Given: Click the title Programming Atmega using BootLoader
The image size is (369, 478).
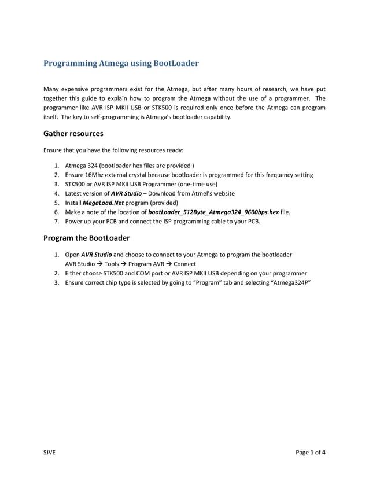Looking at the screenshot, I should [x=121, y=62].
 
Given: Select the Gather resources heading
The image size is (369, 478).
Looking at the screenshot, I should [x=73, y=134].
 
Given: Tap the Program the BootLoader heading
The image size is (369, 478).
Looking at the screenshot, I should [x=87, y=238].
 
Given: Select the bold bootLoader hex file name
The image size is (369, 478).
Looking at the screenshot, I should [x=213, y=212].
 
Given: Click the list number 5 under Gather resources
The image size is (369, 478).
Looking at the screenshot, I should [x=57, y=203].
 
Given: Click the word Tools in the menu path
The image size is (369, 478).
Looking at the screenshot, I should [x=112, y=264].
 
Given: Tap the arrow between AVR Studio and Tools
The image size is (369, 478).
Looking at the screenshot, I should [x=100, y=264].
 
